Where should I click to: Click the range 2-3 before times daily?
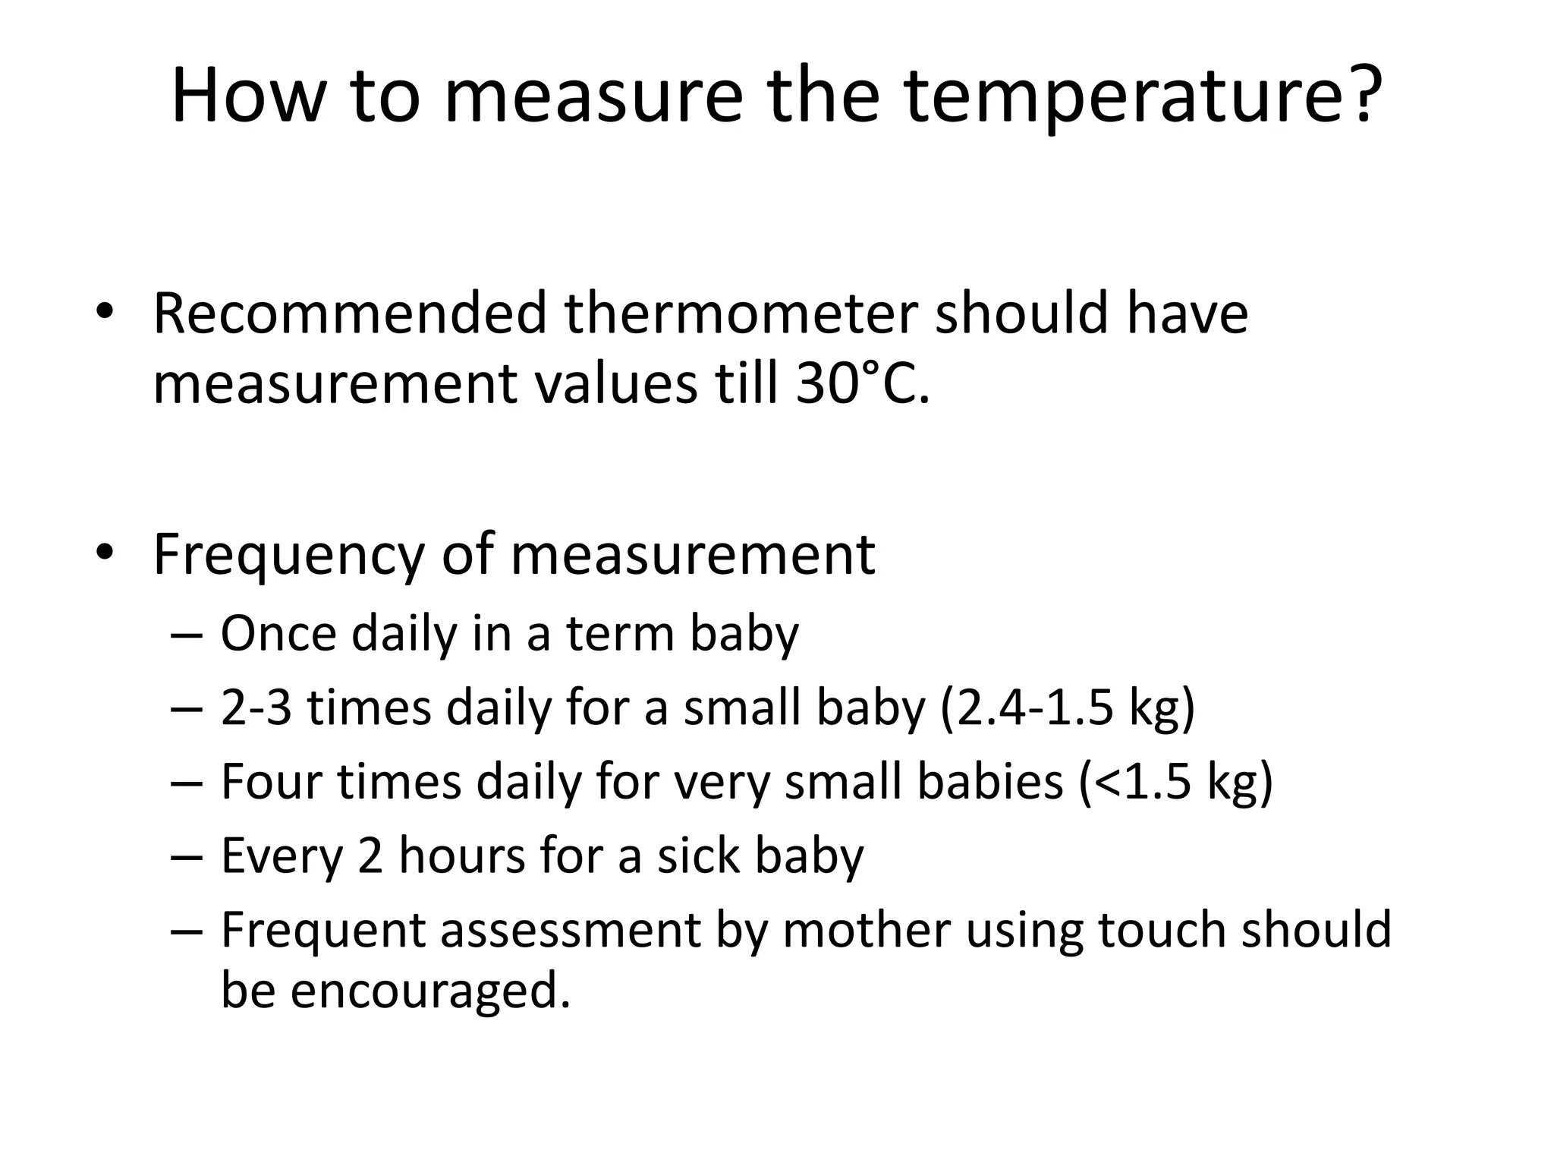[256, 707]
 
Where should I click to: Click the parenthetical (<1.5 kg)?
[1175, 782]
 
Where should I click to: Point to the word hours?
[462, 856]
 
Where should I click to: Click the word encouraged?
[429, 991]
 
